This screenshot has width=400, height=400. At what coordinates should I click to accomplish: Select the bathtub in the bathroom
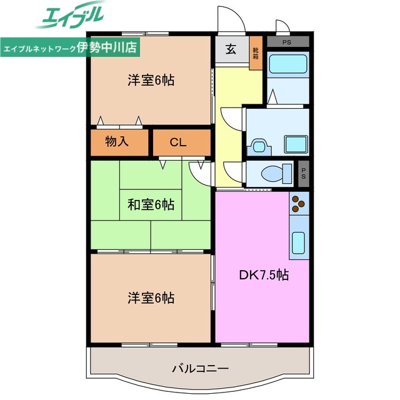(x=288, y=64)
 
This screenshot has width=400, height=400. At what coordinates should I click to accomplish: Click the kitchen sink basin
(x=299, y=242)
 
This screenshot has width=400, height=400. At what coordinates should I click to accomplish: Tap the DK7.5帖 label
(x=264, y=274)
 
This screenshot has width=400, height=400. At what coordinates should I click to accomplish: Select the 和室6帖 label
(x=151, y=204)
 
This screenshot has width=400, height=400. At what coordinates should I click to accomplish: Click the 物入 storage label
(x=117, y=142)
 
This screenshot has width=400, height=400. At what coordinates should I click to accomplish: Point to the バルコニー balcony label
(x=201, y=368)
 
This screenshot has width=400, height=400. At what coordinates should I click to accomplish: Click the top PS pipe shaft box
(x=287, y=42)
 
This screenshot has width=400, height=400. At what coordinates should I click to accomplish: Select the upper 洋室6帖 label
(x=151, y=80)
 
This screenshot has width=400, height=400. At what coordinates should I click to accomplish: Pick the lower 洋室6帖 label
(x=151, y=297)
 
